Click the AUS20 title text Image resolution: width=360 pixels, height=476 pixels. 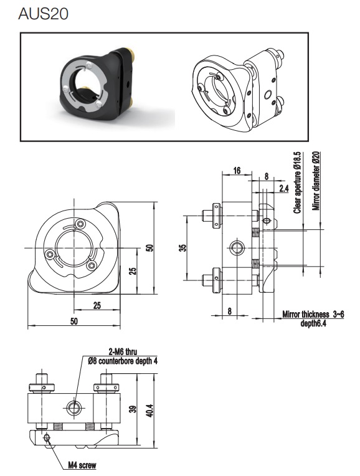(x=43, y=14)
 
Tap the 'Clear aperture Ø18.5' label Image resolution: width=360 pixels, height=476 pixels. (x=298, y=183)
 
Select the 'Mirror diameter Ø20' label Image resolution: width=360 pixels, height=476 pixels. (x=316, y=181)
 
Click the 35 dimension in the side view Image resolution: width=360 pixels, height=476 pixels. (x=182, y=248)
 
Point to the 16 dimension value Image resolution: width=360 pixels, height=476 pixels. (x=237, y=171)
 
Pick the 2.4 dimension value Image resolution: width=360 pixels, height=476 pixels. (x=284, y=189)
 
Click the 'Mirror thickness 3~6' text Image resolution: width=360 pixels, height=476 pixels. (x=313, y=314)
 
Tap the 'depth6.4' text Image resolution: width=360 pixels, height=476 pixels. (x=313, y=323)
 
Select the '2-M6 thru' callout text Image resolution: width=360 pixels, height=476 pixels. (x=123, y=351)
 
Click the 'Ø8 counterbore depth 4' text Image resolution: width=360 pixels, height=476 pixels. (x=123, y=361)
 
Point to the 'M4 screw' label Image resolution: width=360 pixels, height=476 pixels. (x=82, y=465)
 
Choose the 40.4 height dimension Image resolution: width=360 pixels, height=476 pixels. (x=150, y=411)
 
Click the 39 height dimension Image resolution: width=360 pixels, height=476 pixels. (x=133, y=409)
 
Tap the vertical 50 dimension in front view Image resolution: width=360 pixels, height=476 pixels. (x=150, y=248)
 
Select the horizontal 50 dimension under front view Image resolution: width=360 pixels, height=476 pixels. (x=73, y=321)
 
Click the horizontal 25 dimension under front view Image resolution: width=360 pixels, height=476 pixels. (x=97, y=305)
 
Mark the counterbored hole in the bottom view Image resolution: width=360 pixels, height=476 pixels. (x=73, y=407)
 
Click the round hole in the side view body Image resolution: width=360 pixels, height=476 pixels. (x=237, y=248)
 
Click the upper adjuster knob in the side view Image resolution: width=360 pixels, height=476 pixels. (x=213, y=216)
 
